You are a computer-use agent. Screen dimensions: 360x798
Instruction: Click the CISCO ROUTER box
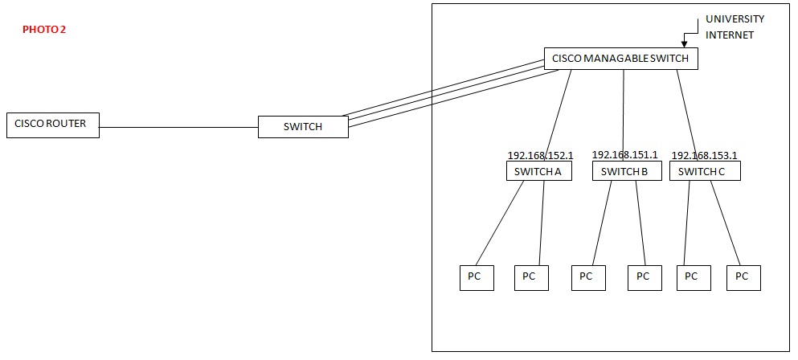click(x=52, y=125)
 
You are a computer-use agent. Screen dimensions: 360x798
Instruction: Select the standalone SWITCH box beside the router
click(x=303, y=127)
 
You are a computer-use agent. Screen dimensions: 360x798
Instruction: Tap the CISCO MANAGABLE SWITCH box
click(x=620, y=59)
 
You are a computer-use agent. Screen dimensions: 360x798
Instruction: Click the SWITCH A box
click(x=538, y=171)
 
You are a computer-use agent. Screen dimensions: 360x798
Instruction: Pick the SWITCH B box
click(x=626, y=171)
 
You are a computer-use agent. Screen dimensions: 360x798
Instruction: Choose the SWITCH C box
click(x=704, y=171)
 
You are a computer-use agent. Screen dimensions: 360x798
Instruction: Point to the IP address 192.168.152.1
click(x=540, y=155)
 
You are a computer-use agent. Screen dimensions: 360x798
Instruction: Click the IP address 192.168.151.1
click(x=624, y=154)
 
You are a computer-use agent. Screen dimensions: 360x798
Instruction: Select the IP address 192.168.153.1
click(x=704, y=155)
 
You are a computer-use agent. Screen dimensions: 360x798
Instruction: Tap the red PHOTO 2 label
click(x=44, y=30)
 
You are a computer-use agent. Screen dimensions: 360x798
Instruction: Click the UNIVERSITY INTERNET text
click(x=735, y=27)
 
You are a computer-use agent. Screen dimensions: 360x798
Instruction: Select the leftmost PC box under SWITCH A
click(x=476, y=277)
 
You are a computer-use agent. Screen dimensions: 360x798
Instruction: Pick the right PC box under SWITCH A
click(x=531, y=277)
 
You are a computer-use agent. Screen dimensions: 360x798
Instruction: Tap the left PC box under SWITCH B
click(x=588, y=277)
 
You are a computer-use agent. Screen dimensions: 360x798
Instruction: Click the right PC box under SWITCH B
click(x=644, y=277)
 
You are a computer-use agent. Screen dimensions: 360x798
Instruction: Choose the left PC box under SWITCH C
click(x=693, y=277)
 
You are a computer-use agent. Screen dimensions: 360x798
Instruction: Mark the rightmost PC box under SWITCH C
click(x=743, y=277)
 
